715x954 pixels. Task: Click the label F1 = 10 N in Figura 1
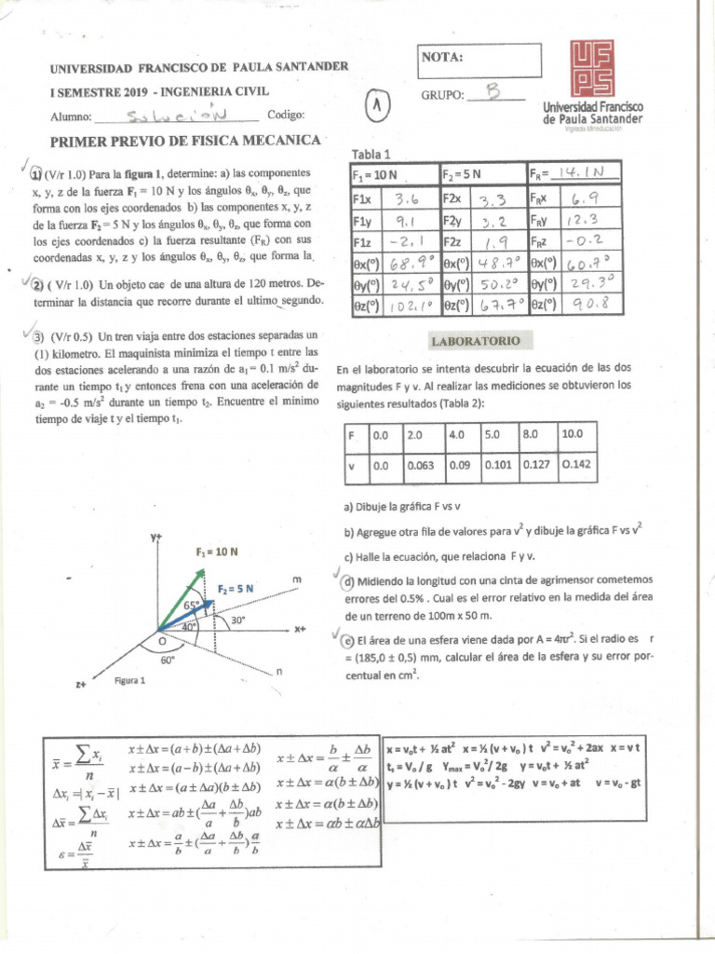[219, 552]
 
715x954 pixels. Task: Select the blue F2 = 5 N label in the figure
[236, 589]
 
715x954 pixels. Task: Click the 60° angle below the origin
[168, 660]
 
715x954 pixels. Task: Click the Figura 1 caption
[129, 680]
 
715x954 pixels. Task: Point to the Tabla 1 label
[371, 154]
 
